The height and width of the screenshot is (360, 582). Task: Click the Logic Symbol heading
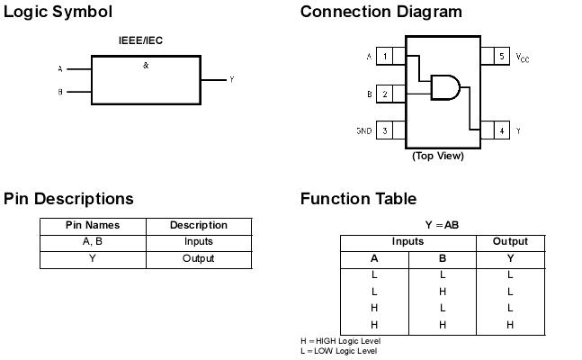pyautogui.click(x=58, y=12)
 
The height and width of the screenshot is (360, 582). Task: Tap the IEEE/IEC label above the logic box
pyautogui.click(x=141, y=40)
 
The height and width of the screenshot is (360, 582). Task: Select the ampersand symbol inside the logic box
pyautogui.click(x=146, y=66)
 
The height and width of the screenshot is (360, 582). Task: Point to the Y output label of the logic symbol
pyautogui.click(x=232, y=80)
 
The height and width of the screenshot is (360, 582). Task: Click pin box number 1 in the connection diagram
pyautogui.click(x=386, y=57)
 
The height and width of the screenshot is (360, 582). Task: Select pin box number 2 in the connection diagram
pyautogui.click(x=386, y=94)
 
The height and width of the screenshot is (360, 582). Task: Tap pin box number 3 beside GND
pyautogui.click(x=386, y=130)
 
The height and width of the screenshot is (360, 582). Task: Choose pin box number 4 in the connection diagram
pyautogui.click(x=501, y=130)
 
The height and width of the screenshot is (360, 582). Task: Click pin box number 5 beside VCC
pyautogui.click(x=501, y=57)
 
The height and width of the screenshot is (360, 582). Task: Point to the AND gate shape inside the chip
pyautogui.click(x=445, y=87)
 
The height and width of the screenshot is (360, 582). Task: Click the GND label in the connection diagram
pyautogui.click(x=363, y=131)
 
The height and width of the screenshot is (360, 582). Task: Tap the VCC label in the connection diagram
pyautogui.click(x=523, y=58)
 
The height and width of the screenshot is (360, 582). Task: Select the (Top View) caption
pyautogui.click(x=438, y=156)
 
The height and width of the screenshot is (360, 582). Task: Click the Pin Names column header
pyautogui.click(x=93, y=225)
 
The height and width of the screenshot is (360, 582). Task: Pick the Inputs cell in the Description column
pyautogui.click(x=199, y=241)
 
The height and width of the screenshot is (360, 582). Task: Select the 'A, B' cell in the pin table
pyautogui.click(x=93, y=241)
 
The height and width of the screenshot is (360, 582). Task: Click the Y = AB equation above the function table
pyautogui.click(x=442, y=225)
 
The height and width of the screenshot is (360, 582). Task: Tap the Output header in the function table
pyautogui.click(x=510, y=242)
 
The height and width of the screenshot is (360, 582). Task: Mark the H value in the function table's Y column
pyautogui.click(x=510, y=325)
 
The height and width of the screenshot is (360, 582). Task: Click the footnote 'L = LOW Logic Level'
pyautogui.click(x=338, y=351)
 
